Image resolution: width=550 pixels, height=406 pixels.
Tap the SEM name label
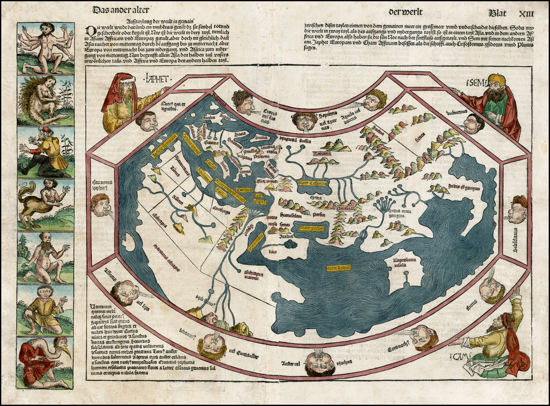(x=476, y=84)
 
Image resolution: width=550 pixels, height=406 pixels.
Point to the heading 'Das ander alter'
(x=121, y=10)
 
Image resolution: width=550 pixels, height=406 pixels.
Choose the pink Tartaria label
(x=323, y=154)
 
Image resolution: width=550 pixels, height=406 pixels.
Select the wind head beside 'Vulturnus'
(x=472, y=124)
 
